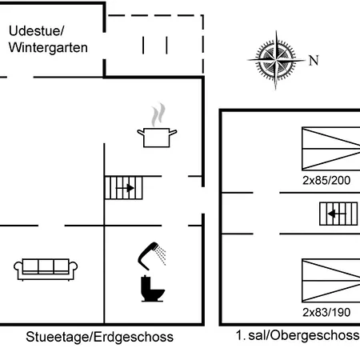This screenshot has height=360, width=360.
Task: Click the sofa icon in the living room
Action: tap(46, 270)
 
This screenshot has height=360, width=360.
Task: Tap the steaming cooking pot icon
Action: tap(157, 126)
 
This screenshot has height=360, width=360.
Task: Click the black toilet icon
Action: tap(152, 289)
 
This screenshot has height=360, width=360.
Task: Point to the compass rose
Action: tap(276, 60)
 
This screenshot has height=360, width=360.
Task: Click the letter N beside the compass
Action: tap(314, 60)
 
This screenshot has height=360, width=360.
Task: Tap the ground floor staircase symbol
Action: tap(124, 188)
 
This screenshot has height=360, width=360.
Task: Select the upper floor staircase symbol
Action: tap(338, 214)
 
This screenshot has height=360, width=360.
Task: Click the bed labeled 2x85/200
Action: tap(331, 149)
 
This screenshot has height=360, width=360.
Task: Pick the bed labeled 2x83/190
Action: tap(331, 280)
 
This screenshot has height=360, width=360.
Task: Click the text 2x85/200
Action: tap(326, 181)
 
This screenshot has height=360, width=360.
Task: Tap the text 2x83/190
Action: tap(326, 312)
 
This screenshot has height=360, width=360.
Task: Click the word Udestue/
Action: tap(37, 31)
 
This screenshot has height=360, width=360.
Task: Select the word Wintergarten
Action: tap(48, 48)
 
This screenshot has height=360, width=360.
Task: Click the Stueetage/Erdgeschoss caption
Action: tap(99, 337)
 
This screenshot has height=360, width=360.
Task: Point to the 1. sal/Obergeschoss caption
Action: tap(298, 335)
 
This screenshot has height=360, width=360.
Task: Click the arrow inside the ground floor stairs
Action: tap(125, 188)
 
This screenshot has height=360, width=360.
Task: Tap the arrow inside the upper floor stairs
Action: tap(337, 214)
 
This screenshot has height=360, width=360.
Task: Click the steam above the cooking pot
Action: tap(158, 114)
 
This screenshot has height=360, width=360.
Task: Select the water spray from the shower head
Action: tap(161, 255)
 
